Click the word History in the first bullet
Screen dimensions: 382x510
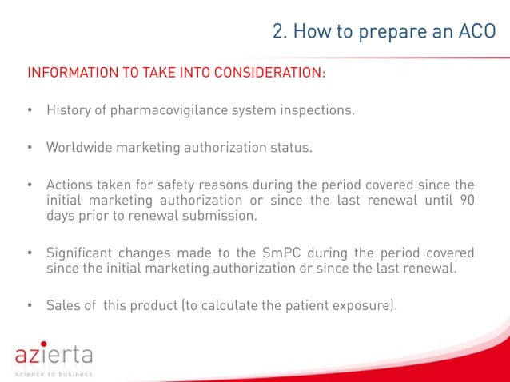(x=69, y=110)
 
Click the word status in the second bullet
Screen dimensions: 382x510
(x=291, y=148)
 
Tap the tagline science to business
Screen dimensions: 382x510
(x=54, y=373)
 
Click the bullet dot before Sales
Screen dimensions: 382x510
(x=30, y=306)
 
